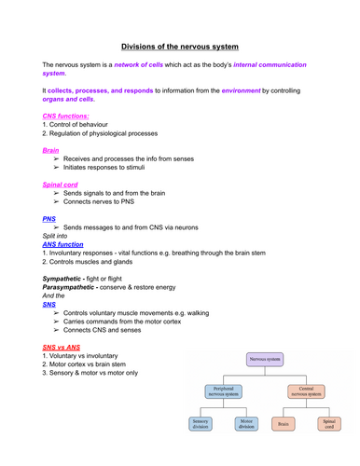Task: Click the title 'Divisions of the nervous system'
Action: click(x=181, y=45)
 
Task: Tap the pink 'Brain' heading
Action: click(x=52, y=150)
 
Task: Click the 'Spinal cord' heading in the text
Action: click(x=62, y=185)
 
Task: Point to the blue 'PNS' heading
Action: click(x=49, y=219)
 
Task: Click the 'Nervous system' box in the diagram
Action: click(x=267, y=357)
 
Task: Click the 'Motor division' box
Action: click(x=247, y=424)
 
